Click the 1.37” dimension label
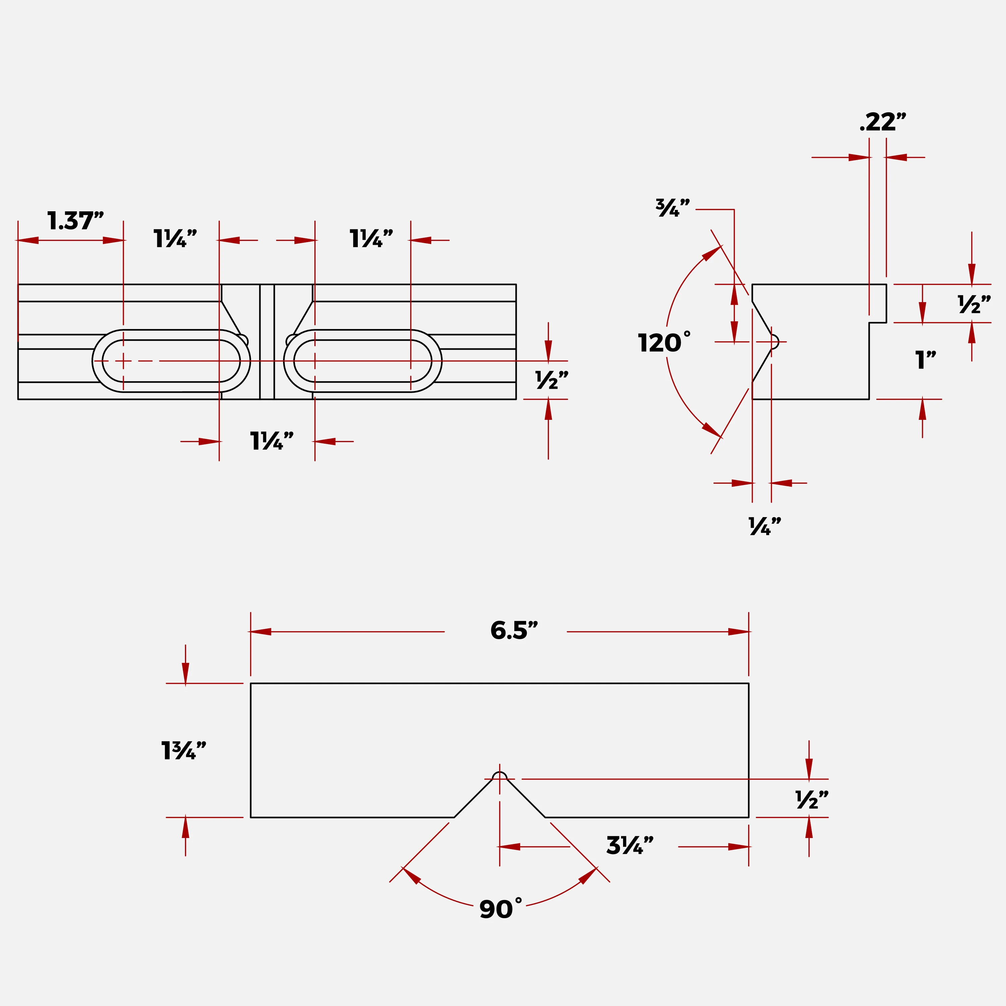(x=75, y=221)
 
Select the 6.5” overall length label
(x=514, y=630)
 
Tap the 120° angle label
(x=664, y=342)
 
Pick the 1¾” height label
(x=183, y=751)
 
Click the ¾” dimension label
(x=673, y=208)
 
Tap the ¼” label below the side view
(x=765, y=526)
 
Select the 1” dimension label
(x=925, y=360)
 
